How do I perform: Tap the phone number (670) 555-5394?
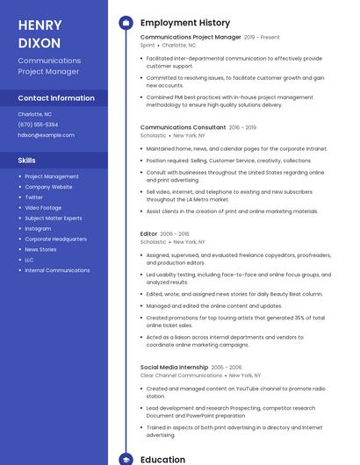click(38, 125)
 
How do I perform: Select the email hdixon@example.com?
click(46, 135)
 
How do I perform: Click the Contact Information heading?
click(56, 98)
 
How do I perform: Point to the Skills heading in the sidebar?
click(27, 161)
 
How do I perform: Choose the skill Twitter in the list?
click(33, 197)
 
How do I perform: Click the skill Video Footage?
click(43, 208)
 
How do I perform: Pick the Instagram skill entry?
click(38, 229)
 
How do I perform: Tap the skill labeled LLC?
click(29, 260)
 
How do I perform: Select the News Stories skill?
click(40, 249)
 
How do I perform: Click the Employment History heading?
click(184, 23)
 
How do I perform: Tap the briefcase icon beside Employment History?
click(126, 23)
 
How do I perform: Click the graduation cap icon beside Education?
click(126, 459)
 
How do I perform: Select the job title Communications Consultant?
click(183, 127)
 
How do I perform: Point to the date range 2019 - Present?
click(262, 38)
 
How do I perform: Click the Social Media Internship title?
click(174, 367)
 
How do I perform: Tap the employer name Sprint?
click(147, 46)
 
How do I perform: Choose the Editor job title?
click(148, 233)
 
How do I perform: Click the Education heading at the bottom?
click(162, 459)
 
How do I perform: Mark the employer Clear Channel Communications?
click(181, 376)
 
